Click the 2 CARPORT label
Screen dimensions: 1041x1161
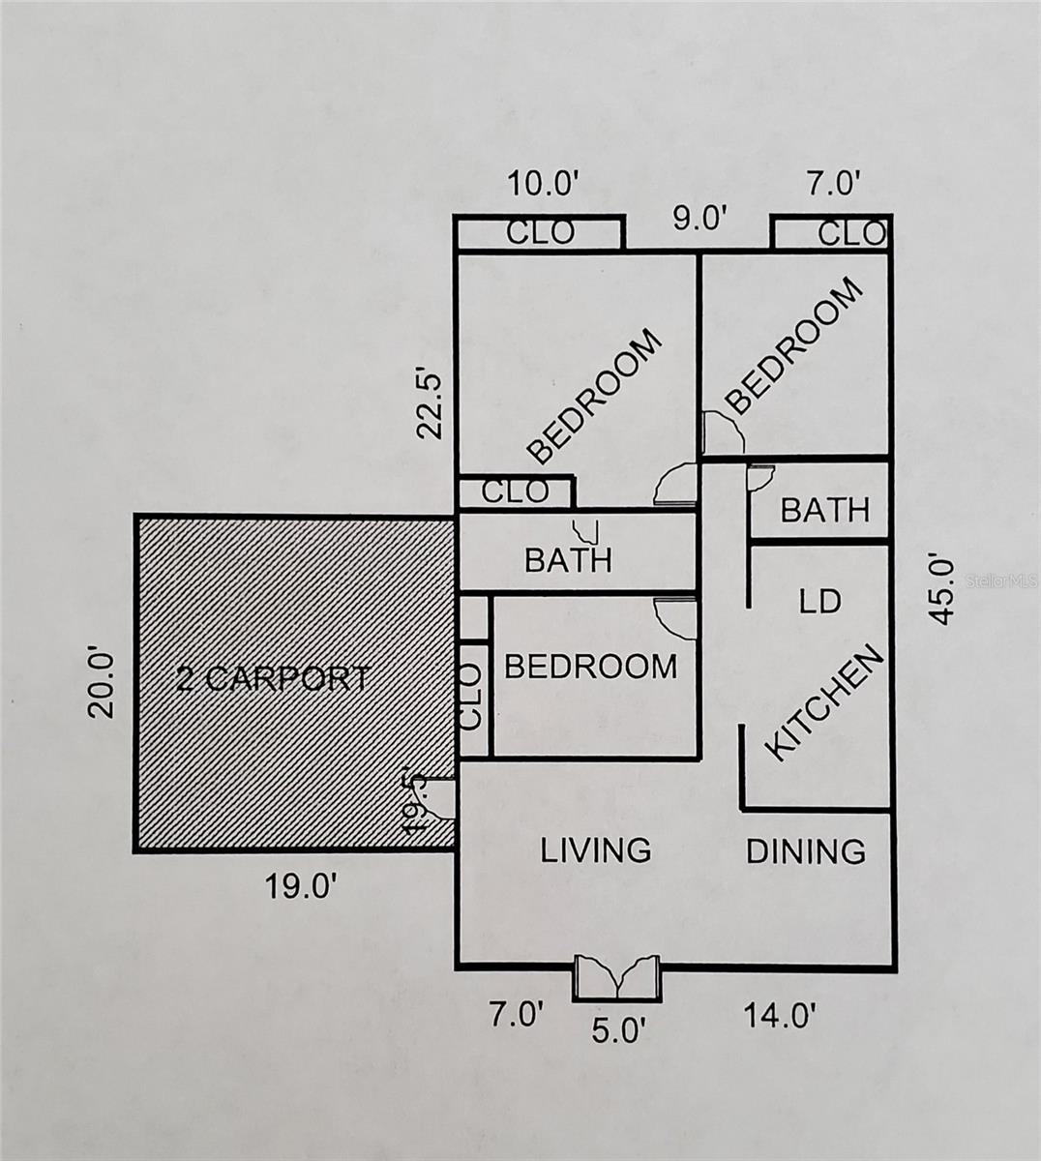pos(273,678)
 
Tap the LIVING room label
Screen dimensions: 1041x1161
pos(596,850)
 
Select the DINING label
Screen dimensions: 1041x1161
pos(805,851)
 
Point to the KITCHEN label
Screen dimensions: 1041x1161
pos(822,703)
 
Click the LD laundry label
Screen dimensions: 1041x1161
pos(819,602)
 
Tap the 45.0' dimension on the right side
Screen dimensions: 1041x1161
pos(940,591)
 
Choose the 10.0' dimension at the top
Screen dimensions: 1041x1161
pos(544,185)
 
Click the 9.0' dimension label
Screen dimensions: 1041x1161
pos(700,219)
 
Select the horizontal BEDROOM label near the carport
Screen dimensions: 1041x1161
pos(590,667)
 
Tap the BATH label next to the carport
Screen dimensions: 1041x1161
pos(569,560)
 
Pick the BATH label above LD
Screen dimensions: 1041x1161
pos(825,510)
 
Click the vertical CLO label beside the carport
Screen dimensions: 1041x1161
pos(470,697)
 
